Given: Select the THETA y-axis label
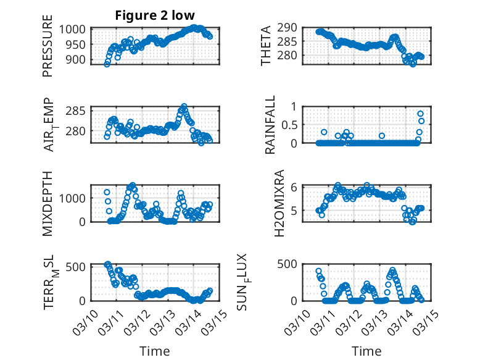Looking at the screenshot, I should pyautogui.click(x=266, y=46).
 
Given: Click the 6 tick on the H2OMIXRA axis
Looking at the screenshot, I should pyautogui.click(x=294, y=186).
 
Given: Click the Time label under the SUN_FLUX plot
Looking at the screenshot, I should pyautogui.click(x=366, y=351).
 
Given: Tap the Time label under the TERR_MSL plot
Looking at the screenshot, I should pyautogui.click(x=154, y=351).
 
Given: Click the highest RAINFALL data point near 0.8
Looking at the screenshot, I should pyautogui.click(x=421, y=114).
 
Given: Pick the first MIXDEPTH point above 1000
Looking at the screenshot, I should pyautogui.click(x=107, y=193).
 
